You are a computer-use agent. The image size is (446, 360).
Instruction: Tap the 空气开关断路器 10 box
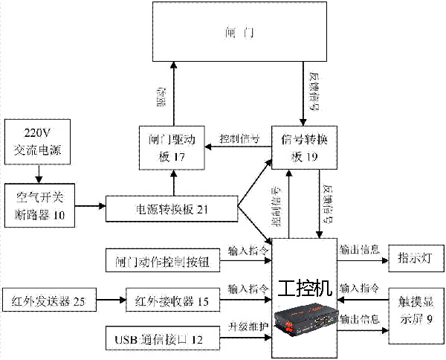[x=42, y=204]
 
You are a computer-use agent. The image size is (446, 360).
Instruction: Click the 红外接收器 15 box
[x=173, y=300]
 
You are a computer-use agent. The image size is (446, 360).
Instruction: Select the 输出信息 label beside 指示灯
[x=358, y=249]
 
